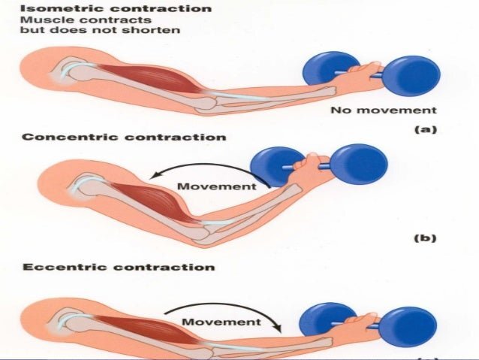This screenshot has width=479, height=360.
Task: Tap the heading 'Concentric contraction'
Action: point(124,138)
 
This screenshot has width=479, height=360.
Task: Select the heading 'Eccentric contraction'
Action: point(118,267)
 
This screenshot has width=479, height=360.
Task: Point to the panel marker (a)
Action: point(425,129)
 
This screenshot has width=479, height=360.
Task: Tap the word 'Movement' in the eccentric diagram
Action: point(222,322)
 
